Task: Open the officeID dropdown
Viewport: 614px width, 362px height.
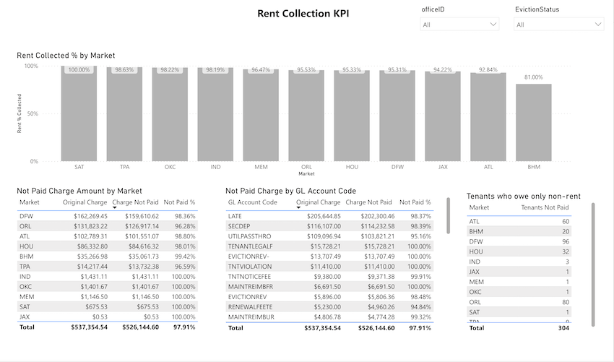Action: [x=459, y=25]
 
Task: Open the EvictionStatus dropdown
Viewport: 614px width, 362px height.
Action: [x=558, y=25]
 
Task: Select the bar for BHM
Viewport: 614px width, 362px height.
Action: [x=534, y=123]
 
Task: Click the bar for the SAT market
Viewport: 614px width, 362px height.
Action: [x=79, y=116]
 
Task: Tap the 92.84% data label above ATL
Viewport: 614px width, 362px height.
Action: [x=488, y=70]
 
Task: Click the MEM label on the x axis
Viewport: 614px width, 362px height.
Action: [x=261, y=167]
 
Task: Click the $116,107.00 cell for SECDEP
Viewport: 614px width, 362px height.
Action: [x=321, y=226]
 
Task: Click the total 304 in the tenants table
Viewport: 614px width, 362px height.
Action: [x=563, y=328]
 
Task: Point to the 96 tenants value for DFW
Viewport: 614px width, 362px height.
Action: [x=565, y=241]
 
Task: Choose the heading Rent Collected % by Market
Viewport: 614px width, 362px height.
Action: [x=66, y=56]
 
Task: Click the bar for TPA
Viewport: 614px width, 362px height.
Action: [x=124, y=116]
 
